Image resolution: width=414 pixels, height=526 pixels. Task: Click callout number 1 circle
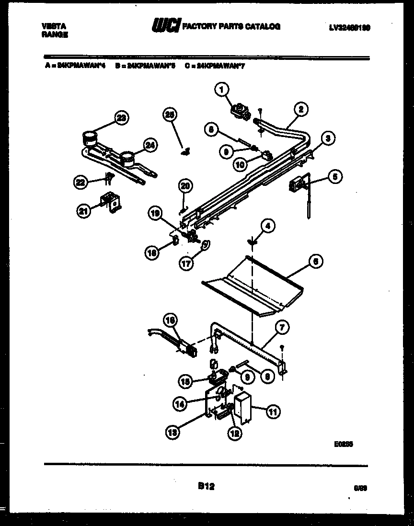pyautogui.click(x=222, y=89)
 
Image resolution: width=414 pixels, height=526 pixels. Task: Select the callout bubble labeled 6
pyautogui.click(x=315, y=262)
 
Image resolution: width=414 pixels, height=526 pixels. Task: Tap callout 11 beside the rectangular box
pyautogui.click(x=274, y=411)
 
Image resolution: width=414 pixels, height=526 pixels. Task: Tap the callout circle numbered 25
pyautogui.click(x=169, y=114)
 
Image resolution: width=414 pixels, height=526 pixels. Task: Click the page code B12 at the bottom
pyautogui.click(x=206, y=486)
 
